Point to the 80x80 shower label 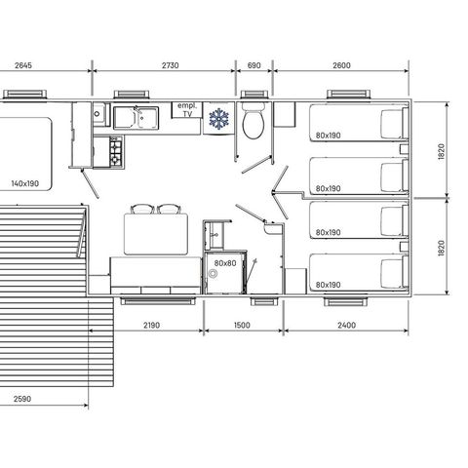[222, 264]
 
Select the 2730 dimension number [163, 66]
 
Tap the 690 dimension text [254, 66]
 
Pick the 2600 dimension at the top [342, 66]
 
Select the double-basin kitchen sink [136, 118]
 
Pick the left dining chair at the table [142, 208]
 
